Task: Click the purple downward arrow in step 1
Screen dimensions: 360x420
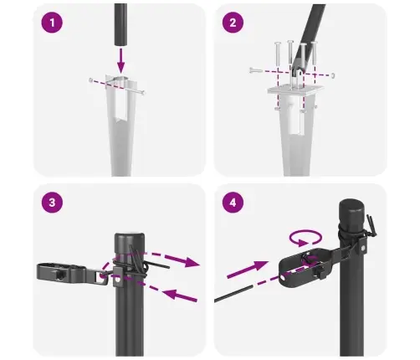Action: pos(121,59)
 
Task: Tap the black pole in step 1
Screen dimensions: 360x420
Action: pos(122,21)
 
